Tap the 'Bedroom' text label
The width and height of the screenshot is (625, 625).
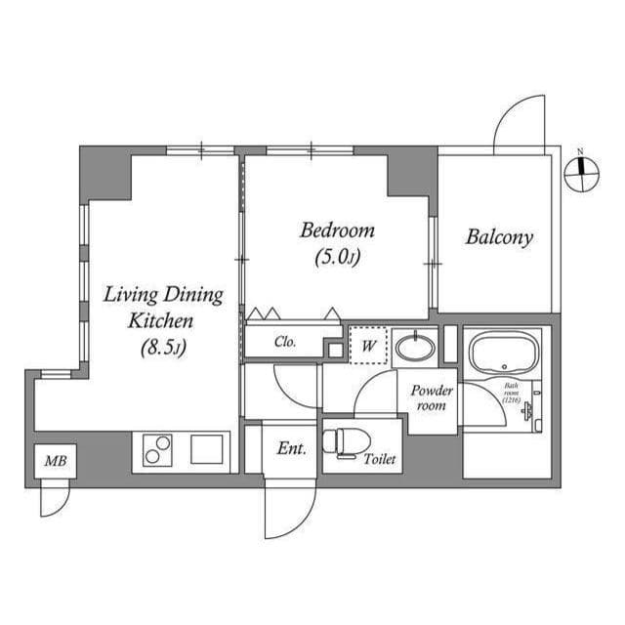337,230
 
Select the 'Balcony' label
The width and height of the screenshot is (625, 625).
498,236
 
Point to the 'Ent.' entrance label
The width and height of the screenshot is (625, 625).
291,449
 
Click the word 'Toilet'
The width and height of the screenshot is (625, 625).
379,459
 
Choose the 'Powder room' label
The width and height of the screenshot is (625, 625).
432,396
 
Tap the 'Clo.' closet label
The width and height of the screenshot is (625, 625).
285,342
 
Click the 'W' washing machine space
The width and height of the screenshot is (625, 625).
370,345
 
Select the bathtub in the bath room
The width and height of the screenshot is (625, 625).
504,353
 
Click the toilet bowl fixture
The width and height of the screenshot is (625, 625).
340,441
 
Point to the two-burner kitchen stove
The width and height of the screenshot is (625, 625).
157,450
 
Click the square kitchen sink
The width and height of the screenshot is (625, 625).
208,449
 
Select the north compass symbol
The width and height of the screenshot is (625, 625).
581,173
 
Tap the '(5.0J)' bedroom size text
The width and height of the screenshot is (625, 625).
337,259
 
